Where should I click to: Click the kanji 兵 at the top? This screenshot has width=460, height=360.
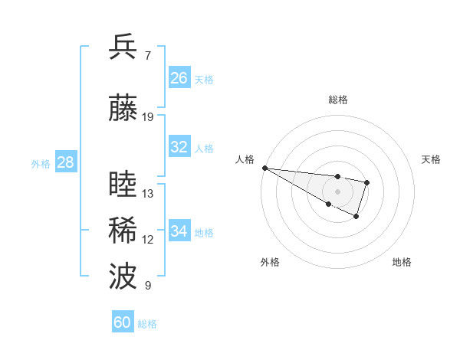(x=123, y=47)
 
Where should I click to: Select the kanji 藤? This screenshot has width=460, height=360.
(x=123, y=109)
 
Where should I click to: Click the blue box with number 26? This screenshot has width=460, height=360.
(x=179, y=78)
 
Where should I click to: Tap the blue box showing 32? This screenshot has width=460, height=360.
(x=179, y=147)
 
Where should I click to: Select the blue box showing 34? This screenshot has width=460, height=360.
(x=179, y=231)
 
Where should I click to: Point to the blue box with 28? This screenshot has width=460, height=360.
(x=65, y=162)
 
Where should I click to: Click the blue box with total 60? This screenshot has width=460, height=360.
(x=123, y=322)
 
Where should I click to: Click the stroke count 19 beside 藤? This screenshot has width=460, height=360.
(x=148, y=117)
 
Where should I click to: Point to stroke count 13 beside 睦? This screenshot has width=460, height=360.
(x=148, y=194)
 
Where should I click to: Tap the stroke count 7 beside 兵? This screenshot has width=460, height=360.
(x=147, y=56)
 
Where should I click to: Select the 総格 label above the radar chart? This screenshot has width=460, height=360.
(x=337, y=100)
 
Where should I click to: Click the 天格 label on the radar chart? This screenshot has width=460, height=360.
(x=432, y=159)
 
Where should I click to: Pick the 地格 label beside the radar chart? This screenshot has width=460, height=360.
(x=402, y=262)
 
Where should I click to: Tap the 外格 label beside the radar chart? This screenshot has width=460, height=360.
(x=270, y=262)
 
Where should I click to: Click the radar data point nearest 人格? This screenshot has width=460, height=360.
(x=264, y=168)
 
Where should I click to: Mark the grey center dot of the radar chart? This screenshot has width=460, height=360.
(x=337, y=191)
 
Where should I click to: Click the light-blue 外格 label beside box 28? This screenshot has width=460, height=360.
(x=40, y=163)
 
